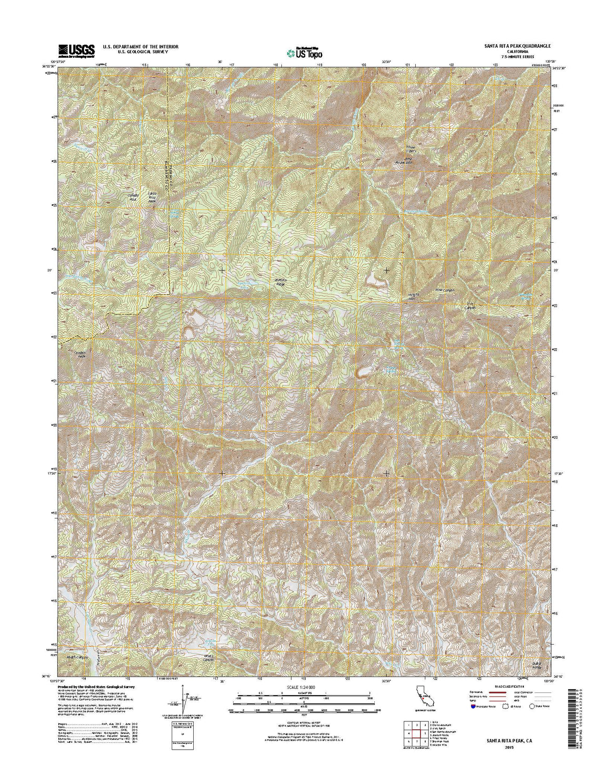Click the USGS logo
[77, 50]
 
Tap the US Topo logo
[304, 53]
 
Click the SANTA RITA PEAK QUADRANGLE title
[517, 46]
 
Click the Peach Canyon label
[78, 657]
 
